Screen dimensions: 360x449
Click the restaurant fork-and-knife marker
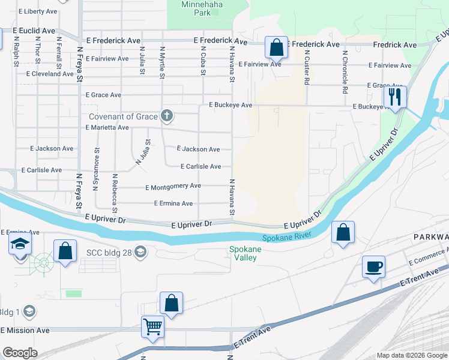pyautogui.click(x=396, y=97)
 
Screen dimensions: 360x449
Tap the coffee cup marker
pyautogui.click(x=373, y=267)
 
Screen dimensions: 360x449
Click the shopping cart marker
pyautogui.click(x=152, y=328)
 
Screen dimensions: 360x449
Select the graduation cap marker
pyautogui.click(x=20, y=244)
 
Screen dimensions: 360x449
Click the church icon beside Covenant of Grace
pyautogui.click(x=167, y=116)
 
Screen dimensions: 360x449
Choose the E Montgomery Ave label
pyautogui.click(x=173, y=187)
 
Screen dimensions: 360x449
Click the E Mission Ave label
pyautogui.click(x=26, y=330)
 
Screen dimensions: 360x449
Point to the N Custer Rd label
pyautogui.click(x=306, y=67)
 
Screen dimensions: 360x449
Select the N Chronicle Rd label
pyautogui.click(x=345, y=72)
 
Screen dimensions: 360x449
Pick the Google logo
pyautogui.click(x=20, y=353)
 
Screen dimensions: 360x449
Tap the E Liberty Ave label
pyautogui.click(x=38, y=11)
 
